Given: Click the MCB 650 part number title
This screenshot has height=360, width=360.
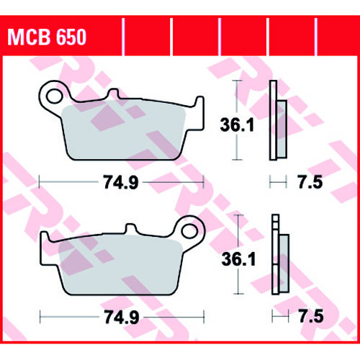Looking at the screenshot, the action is point(47,37).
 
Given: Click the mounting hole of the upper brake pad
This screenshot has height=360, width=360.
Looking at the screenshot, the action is point(54,96).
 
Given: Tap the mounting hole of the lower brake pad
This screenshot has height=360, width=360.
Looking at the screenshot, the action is point(189,231).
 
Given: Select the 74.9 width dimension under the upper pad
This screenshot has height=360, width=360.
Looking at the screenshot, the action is point(121,182).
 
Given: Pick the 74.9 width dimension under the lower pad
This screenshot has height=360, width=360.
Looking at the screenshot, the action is point(122,318).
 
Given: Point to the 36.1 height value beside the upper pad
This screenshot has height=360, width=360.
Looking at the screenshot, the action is point(237,125).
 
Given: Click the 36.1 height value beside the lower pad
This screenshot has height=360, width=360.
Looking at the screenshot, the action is point(238,259).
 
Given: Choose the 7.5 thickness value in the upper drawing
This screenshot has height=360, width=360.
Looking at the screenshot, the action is point(310,182).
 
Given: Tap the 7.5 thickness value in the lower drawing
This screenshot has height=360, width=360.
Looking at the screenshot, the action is point(311,316).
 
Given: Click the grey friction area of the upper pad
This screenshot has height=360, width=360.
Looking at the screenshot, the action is point(124,131).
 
